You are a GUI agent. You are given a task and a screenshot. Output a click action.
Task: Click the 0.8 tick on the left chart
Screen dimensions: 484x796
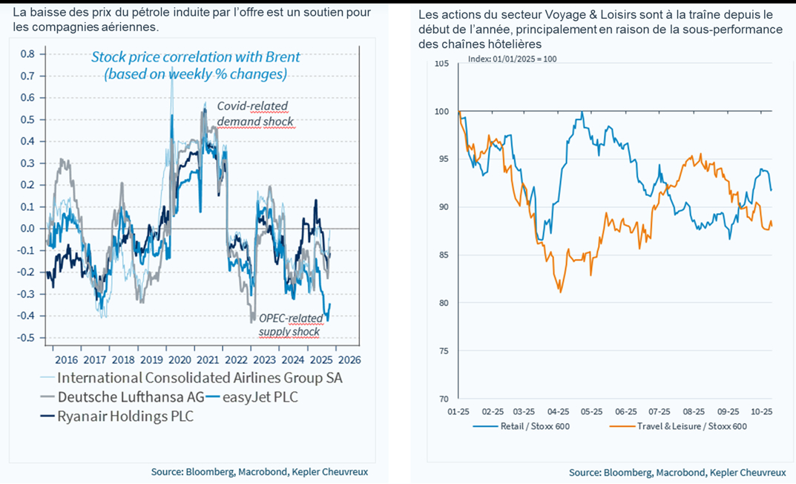pyautogui.click(x=27, y=54)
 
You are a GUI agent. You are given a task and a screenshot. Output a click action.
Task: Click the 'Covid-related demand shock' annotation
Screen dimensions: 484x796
pyautogui.click(x=254, y=114)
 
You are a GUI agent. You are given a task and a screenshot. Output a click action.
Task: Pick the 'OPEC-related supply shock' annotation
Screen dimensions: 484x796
pyautogui.click(x=290, y=325)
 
